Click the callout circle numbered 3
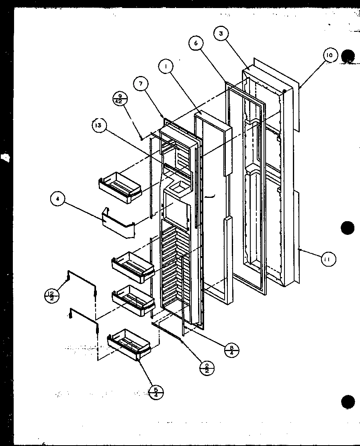click(221, 34)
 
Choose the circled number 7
click(141, 84)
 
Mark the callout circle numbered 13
click(98, 126)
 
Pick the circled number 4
click(58, 200)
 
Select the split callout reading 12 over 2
click(51, 296)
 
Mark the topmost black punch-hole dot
click(347, 56)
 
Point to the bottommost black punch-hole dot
click(348, 401)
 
